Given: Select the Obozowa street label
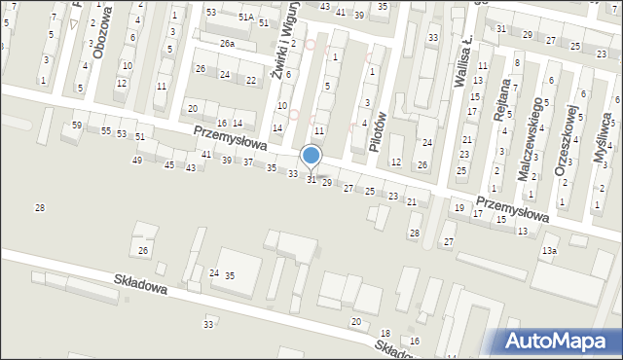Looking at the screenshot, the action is pyautogui.click(x=105, y=28).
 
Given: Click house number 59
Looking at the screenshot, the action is pyautogui.click(x=77, y=126).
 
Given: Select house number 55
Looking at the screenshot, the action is pyautogui.click(x=105, y=130).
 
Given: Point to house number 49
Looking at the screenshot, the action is pyautogui.click(x=137, y=160).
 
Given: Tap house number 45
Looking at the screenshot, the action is pyautogui.click(x=169, y=165).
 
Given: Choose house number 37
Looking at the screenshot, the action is pyautogui.click(x=248, y=162).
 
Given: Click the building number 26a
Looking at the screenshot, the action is pyautogui.click(x=227, y=44).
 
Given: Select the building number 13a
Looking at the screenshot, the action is pyautogui.click(x=550, y=251).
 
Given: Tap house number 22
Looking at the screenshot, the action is pyautogui.click(x=251, y=80).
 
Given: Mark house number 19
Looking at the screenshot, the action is pyautogui.click(x=458, y=208).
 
